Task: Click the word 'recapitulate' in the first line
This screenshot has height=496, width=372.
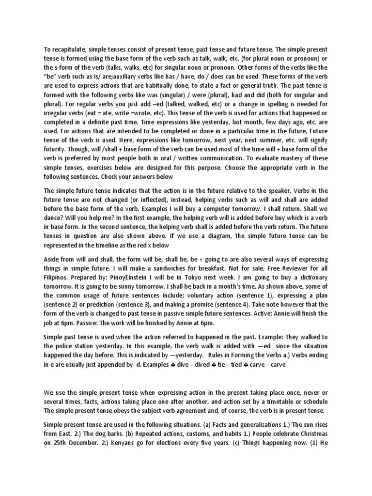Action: pyautogui.click(x=71, y=49)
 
